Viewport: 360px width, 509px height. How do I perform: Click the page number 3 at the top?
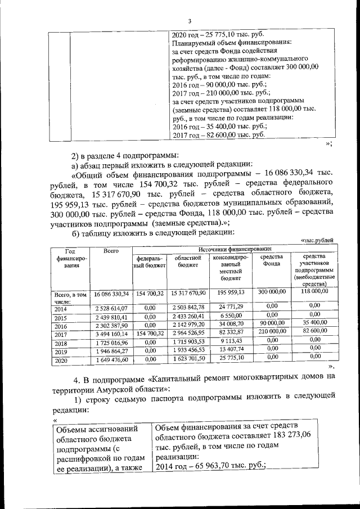point(190,21)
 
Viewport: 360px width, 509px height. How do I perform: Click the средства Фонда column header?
point(272,262)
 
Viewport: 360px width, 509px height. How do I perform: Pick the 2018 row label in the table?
point(61,343)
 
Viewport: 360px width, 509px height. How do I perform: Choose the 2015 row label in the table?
point(61,317)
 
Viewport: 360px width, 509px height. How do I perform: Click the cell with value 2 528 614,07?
point(111,308)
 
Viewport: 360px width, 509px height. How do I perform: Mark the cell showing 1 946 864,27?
point(111,350)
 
